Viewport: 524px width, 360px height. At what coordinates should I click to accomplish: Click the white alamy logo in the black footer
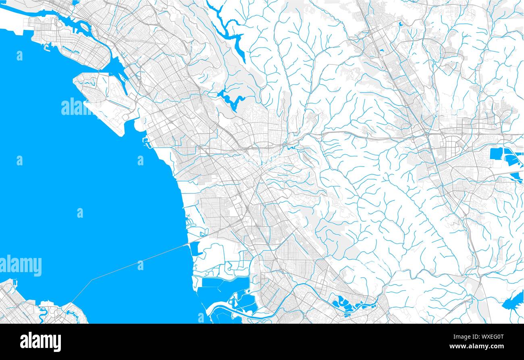pos(40,341)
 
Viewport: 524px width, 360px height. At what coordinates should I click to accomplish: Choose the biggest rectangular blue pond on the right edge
pos(496,154)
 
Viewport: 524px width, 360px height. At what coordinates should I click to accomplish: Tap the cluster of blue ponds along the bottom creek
pos(349,304)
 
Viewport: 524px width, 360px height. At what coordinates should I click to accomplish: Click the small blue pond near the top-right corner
pos(400,24)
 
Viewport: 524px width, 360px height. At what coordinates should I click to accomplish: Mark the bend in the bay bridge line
pos(92,279)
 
